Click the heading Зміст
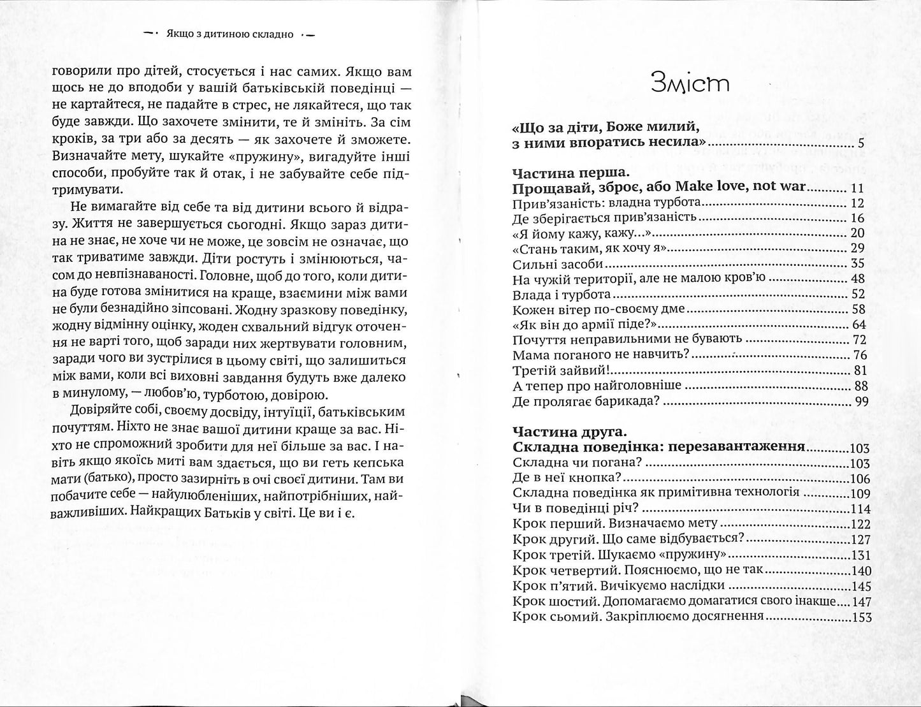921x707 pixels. click(x=690, y=84)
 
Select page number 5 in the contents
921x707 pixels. click(x=860, y=143)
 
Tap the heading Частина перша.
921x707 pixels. click(x=570, y=173)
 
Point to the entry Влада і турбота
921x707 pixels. click(x=562, y=295)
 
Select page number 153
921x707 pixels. click(x=860, y=616)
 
